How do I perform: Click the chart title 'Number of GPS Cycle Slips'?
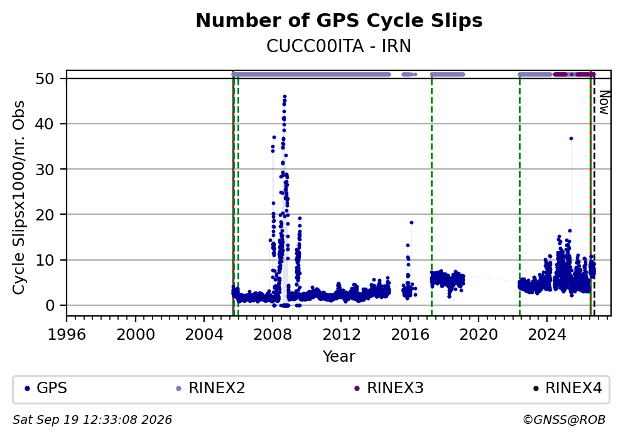(x=339, y=21)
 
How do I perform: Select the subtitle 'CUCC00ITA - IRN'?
(x=339, y=46)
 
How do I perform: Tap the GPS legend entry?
(x=46, y=388)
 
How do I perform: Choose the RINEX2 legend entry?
(x=210, y=388)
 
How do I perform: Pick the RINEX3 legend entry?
(x=389, y=388)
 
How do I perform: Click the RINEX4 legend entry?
(x=567, y=388)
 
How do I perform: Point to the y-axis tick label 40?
(x=45, y=124)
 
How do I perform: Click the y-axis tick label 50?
(x=45, y=79)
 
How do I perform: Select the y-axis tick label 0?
(x=49, y=305)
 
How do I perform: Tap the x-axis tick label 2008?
(x=273, y=335)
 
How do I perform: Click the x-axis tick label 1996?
(x=67, y=335)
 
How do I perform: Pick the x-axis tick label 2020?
(x=479, y=335)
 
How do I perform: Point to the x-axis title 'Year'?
(x=339, y=356)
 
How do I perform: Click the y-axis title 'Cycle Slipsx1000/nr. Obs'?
(x=19, y=197)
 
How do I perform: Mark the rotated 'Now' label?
(x=604, y=103)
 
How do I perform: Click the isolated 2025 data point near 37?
(x=571, y=138)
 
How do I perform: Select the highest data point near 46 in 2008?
(x=284, y=97)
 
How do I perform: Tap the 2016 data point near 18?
(x=411, y=222)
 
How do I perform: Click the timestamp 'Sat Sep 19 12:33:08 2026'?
(x=92, y=420)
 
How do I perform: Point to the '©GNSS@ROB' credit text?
(x=564, y=420)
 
